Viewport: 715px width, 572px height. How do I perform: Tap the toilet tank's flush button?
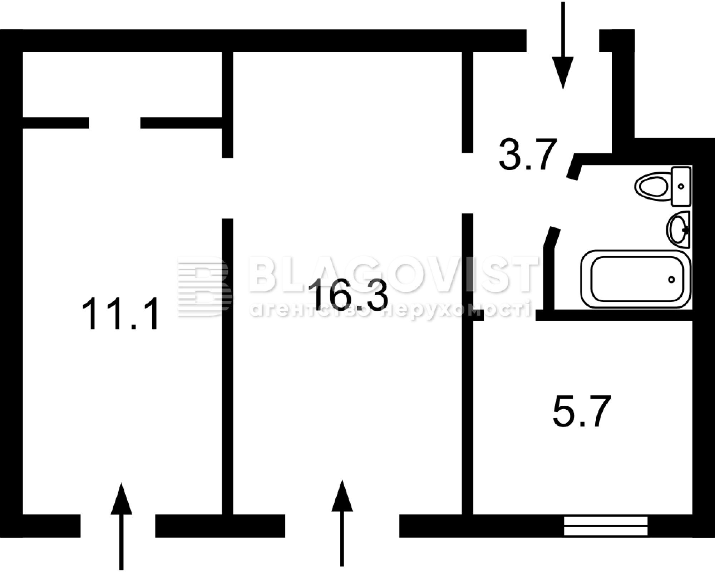(x=681, y=186)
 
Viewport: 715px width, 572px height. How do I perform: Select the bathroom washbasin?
(x=678, y=229)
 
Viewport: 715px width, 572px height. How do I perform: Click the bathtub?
(x=636, y=279)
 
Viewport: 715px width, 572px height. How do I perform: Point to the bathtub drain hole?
(x=671, y=280)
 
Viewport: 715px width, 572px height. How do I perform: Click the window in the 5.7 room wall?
(x=606, y=526)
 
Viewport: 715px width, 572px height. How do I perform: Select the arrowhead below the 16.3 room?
(x=342, y=496)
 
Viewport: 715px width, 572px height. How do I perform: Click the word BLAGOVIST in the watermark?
(x=393, y=274)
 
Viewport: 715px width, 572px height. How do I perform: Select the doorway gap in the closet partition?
(x=114, y=123)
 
